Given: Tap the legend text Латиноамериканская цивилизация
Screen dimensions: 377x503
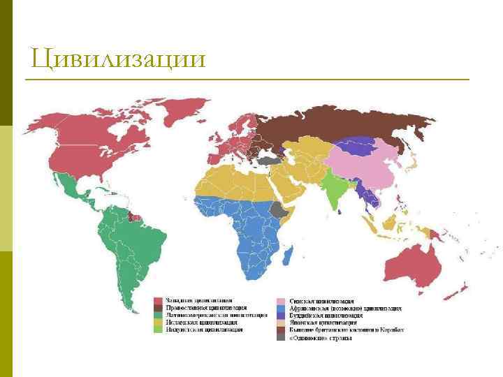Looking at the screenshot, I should click(x=210, y=315).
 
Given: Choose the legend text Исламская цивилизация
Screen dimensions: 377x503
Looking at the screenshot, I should click(x=199, y=323).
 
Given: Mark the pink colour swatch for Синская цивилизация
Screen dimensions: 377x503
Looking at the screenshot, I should click(x=280, y=300).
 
